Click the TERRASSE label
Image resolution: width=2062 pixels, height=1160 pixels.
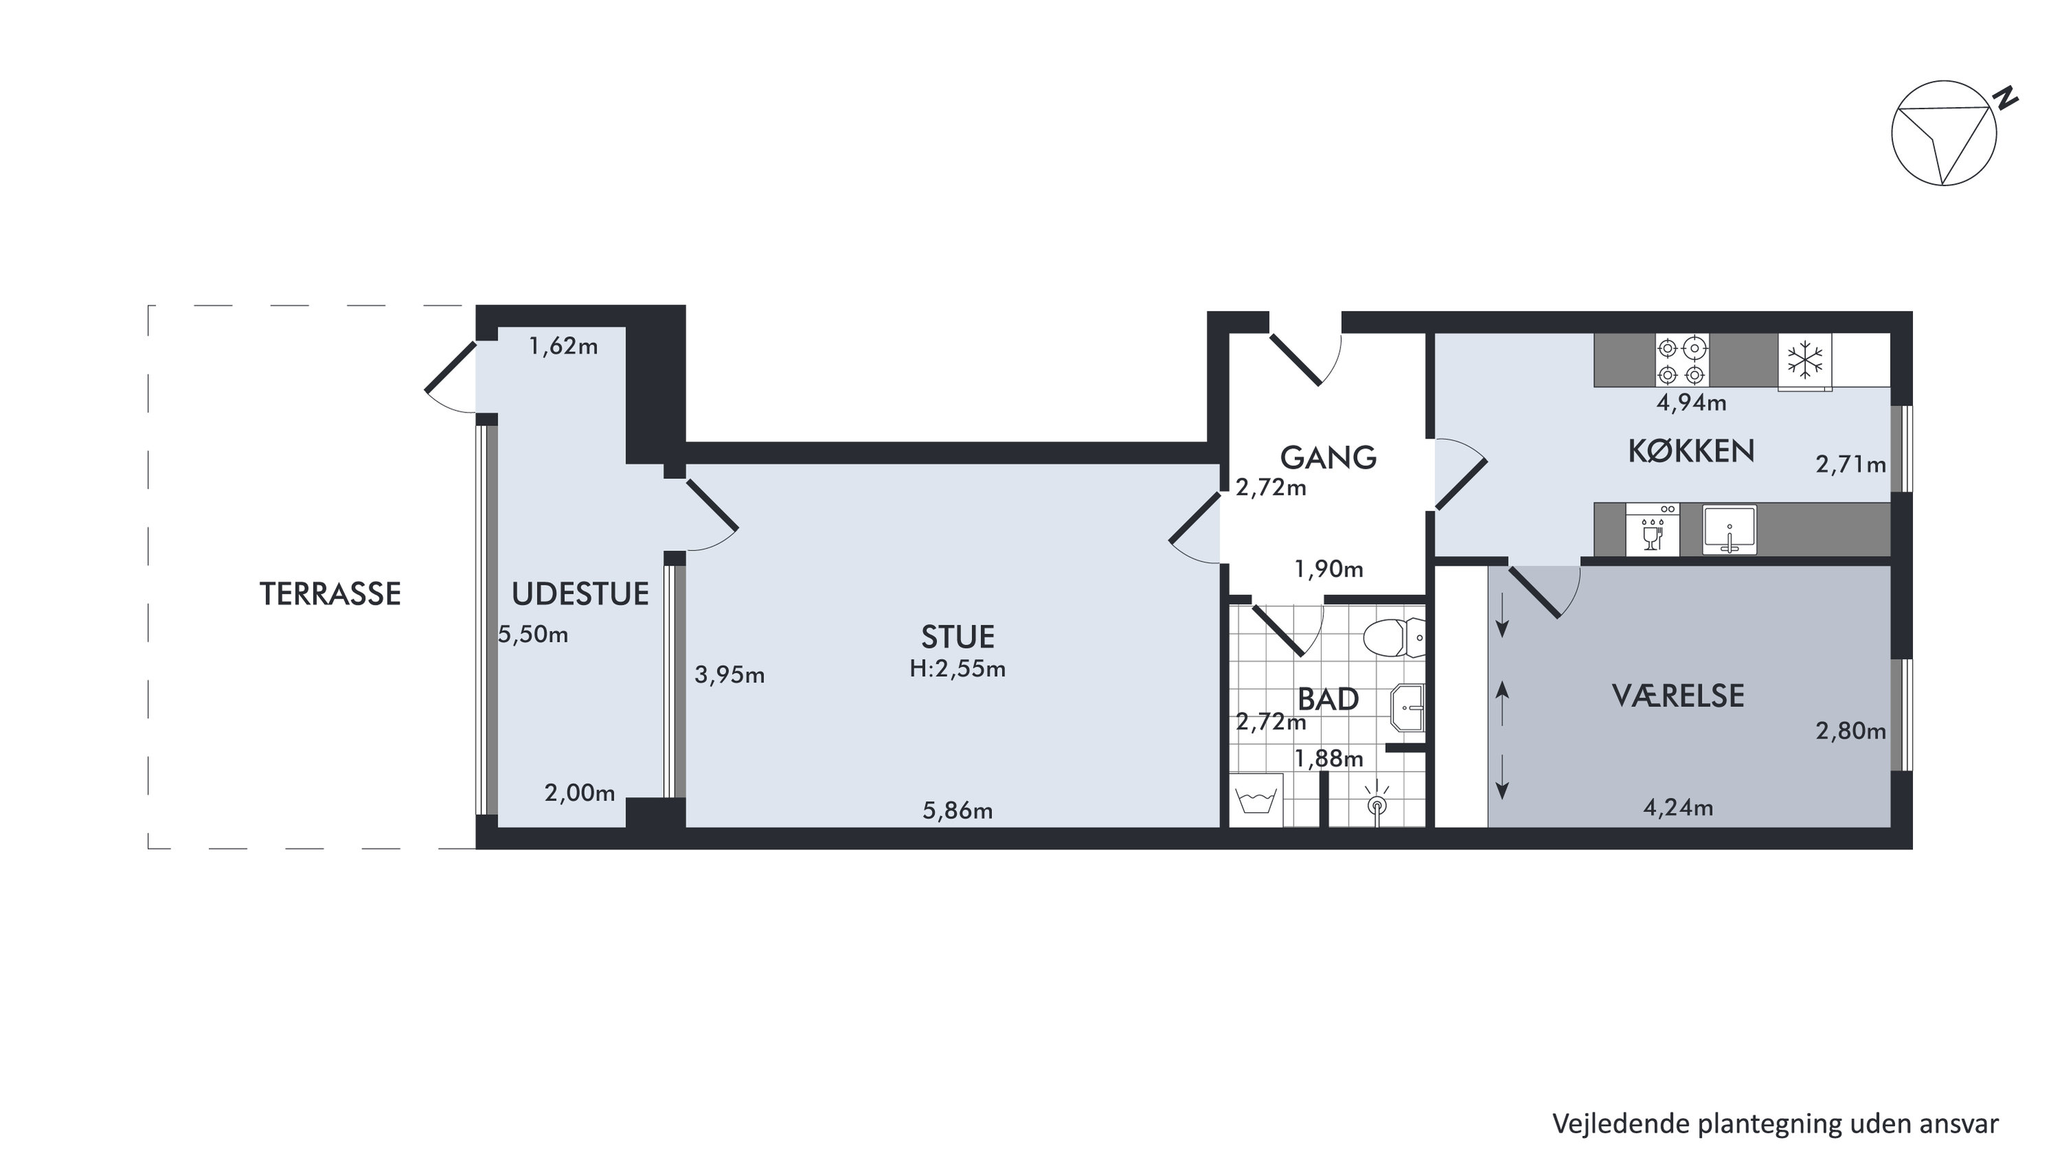coord(330,594)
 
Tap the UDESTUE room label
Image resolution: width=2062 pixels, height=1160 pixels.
coord(580,594)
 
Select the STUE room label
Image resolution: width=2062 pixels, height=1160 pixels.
coord(957,637)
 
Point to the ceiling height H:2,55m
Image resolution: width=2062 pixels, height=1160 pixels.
coord(957,669)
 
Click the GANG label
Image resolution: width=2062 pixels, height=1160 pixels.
coord(1328,457)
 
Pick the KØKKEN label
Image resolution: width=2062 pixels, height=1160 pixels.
coord(1692,451)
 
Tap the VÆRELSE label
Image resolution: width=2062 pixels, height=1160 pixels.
coord(1678,695)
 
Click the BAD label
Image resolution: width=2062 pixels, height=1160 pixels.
coord(1328,700)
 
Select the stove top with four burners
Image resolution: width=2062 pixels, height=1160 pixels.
coord(1682,360)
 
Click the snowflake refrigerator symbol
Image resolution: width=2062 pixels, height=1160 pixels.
coord(1805,360)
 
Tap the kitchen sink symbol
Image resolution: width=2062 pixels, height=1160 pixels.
coord(1729,529)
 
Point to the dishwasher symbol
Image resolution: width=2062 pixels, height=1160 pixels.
coord(1653,529)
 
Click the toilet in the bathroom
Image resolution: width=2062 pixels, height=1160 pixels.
coord(1394,638)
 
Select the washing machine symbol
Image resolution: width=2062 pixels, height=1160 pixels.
coord(1256,800)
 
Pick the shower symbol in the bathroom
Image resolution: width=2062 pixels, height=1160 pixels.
coord(1377,805)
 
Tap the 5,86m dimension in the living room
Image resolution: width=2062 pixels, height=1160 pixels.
coord(957,811)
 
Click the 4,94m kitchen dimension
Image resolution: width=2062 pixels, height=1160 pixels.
coord(1692,403)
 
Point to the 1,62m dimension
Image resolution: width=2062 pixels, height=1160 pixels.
coord(564,346)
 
